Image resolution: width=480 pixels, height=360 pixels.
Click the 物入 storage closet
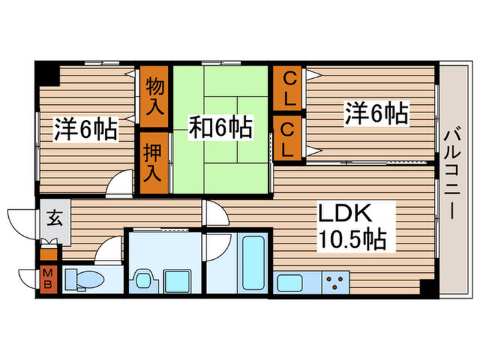click(x=155, y=96)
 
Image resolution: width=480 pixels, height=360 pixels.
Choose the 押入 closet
click(x=155, y=162)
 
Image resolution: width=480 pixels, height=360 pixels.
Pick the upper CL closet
click(x=289, y=86)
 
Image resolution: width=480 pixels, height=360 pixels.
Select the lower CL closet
click(x=289, y=139)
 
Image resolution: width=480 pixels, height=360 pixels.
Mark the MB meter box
click(x=49, y=278)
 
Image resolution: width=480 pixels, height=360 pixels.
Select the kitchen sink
click(x=289, y=280)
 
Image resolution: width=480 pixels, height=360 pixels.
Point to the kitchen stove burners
click(x=335, y=280)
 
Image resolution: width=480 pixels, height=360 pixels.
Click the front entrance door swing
click(x=16, y=221)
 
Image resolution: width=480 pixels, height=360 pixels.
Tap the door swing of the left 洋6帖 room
click(x=121, y=184)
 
